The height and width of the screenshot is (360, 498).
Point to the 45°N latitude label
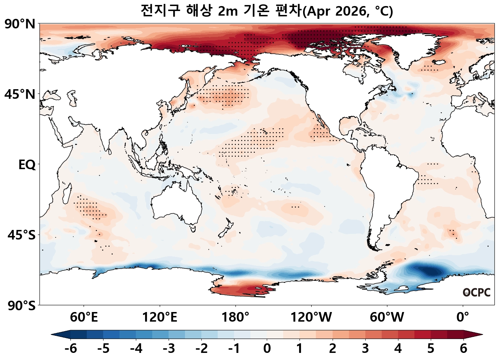tap(20, 95)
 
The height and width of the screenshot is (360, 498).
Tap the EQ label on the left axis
tap(27, 165)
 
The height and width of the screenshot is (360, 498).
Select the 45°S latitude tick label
tap(21, 235)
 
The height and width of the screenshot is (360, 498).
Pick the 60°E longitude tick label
tap(84, 317)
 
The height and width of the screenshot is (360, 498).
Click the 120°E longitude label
tap(159, 317)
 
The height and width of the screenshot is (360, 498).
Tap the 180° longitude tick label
tap(235, 317)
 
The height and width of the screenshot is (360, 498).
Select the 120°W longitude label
tap(311, 317)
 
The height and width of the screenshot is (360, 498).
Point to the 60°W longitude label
tap(387, 317)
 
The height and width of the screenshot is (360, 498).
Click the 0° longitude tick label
tap(463, 317)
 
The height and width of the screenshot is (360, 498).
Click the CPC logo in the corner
tap(476, 292)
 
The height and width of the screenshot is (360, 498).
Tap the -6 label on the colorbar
tap(70, 348)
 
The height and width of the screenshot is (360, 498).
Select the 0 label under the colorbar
tap(267, 348)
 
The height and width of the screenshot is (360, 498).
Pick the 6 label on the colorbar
tap(463, 348)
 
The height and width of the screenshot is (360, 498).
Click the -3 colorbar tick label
tap(169, 348)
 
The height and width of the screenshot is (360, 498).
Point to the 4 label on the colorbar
tap(398, 348)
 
